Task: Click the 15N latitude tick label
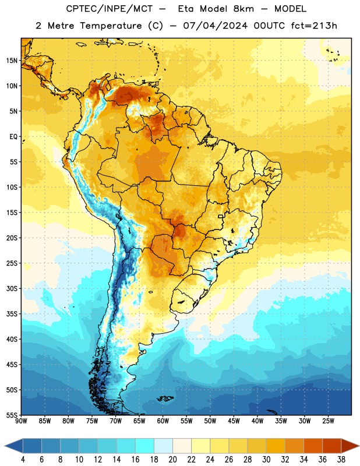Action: tap(12, 61)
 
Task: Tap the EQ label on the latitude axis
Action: tap(13, 137)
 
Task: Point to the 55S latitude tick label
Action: tap(12, 415)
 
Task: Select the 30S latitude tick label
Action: tap(12, 288)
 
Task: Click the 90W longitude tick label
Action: tap(22, 421)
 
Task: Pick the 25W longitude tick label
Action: tap(328, 421)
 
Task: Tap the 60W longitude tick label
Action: tap(163, 421)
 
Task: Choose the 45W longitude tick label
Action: tap(234, 421)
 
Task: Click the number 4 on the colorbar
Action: tap(23, 460)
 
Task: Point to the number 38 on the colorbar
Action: tap(341, 460)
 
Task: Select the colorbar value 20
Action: tap(172, 460)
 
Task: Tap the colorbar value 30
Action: tap(266, 460)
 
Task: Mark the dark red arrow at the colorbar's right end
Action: tap(350, 446)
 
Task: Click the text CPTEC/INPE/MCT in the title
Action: tap(110, 9)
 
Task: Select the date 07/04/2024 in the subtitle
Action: tap(215, 26)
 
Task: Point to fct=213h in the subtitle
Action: tap(314, 26)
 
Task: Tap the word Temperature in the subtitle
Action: tap(111, 26)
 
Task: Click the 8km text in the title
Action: tap(243, 9)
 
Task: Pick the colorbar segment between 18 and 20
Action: tap(163, 446)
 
